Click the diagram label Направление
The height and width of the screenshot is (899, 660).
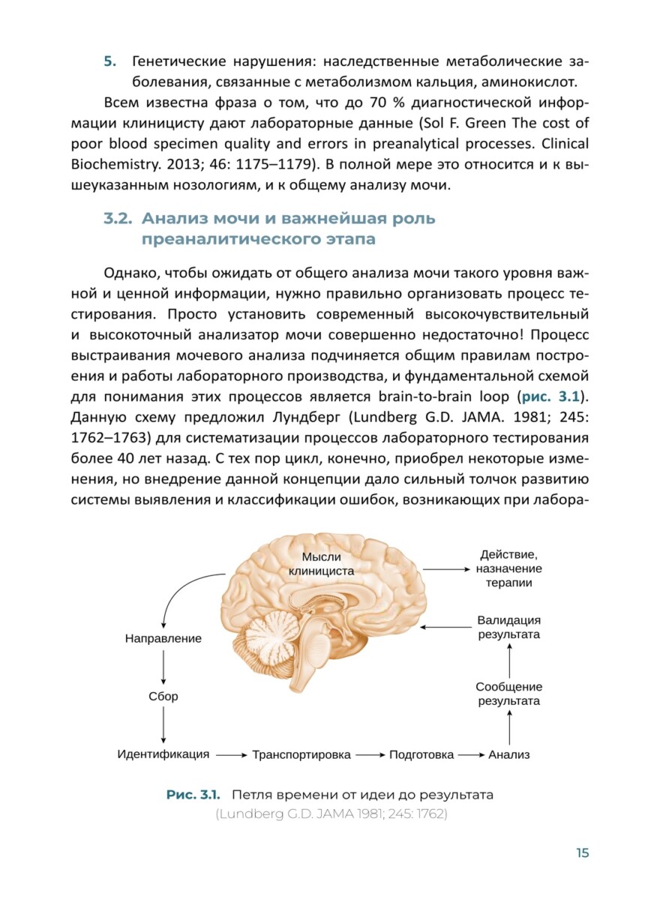(163, 639)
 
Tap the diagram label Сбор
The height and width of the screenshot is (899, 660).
(163, 696)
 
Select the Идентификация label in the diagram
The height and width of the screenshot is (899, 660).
(163, 754)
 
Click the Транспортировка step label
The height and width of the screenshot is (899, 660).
(301, 754)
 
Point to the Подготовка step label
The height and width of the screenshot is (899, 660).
(421, 754)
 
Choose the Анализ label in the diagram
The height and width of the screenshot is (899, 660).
(509, 754)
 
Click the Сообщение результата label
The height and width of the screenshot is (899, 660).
(509, 694)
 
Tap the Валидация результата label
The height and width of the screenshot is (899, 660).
(509, 627)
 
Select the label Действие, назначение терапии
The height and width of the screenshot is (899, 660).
(509, 569)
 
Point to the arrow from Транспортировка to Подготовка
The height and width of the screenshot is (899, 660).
(369, 755)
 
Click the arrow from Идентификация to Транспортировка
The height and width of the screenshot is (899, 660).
(232, 755)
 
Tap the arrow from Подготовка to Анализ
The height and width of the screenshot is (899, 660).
(471, 755)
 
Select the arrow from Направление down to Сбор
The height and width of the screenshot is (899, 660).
(163, 667)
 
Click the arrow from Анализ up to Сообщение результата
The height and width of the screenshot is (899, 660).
(509, 725)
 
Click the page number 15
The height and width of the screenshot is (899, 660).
(582, 853)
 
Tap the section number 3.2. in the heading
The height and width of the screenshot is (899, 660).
(118, 219)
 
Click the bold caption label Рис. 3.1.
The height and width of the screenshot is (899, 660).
(195, 795)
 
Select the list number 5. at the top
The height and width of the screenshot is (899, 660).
(108, 61)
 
